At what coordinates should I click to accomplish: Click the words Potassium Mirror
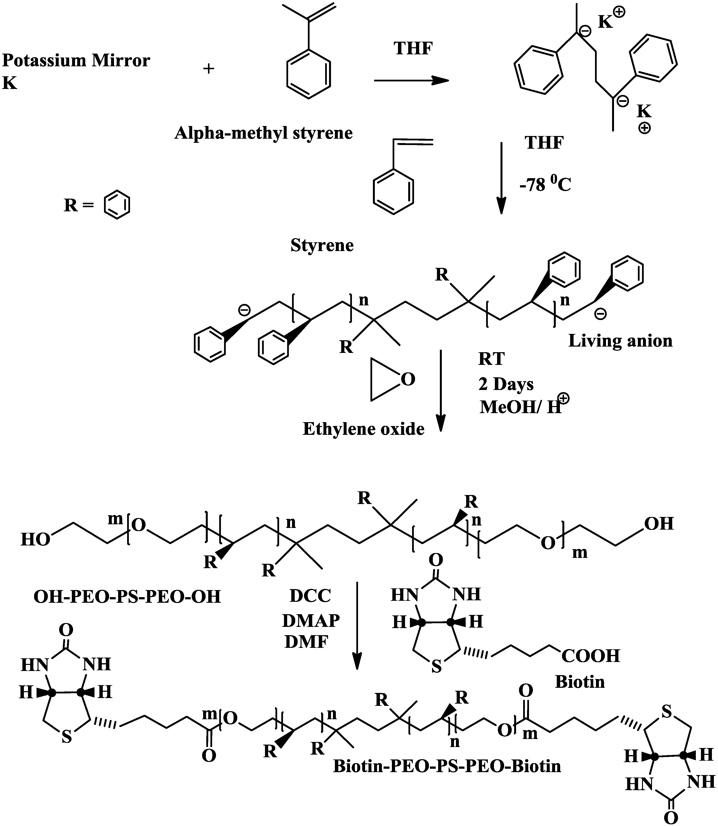[76, 60]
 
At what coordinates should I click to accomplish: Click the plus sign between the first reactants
[208, 69]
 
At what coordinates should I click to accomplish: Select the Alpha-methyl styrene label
[263, 133]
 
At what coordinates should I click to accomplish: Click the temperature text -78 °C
[545, 185]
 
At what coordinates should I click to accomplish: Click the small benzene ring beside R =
[117, 205]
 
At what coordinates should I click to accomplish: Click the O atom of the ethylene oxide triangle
[407, 379]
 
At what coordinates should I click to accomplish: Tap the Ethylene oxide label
[363, 429]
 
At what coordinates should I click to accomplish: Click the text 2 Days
[506, 384]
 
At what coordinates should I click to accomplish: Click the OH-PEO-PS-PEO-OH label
[127, 597]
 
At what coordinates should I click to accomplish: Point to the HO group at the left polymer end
[35, 540]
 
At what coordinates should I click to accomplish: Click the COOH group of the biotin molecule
[591, 656]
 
